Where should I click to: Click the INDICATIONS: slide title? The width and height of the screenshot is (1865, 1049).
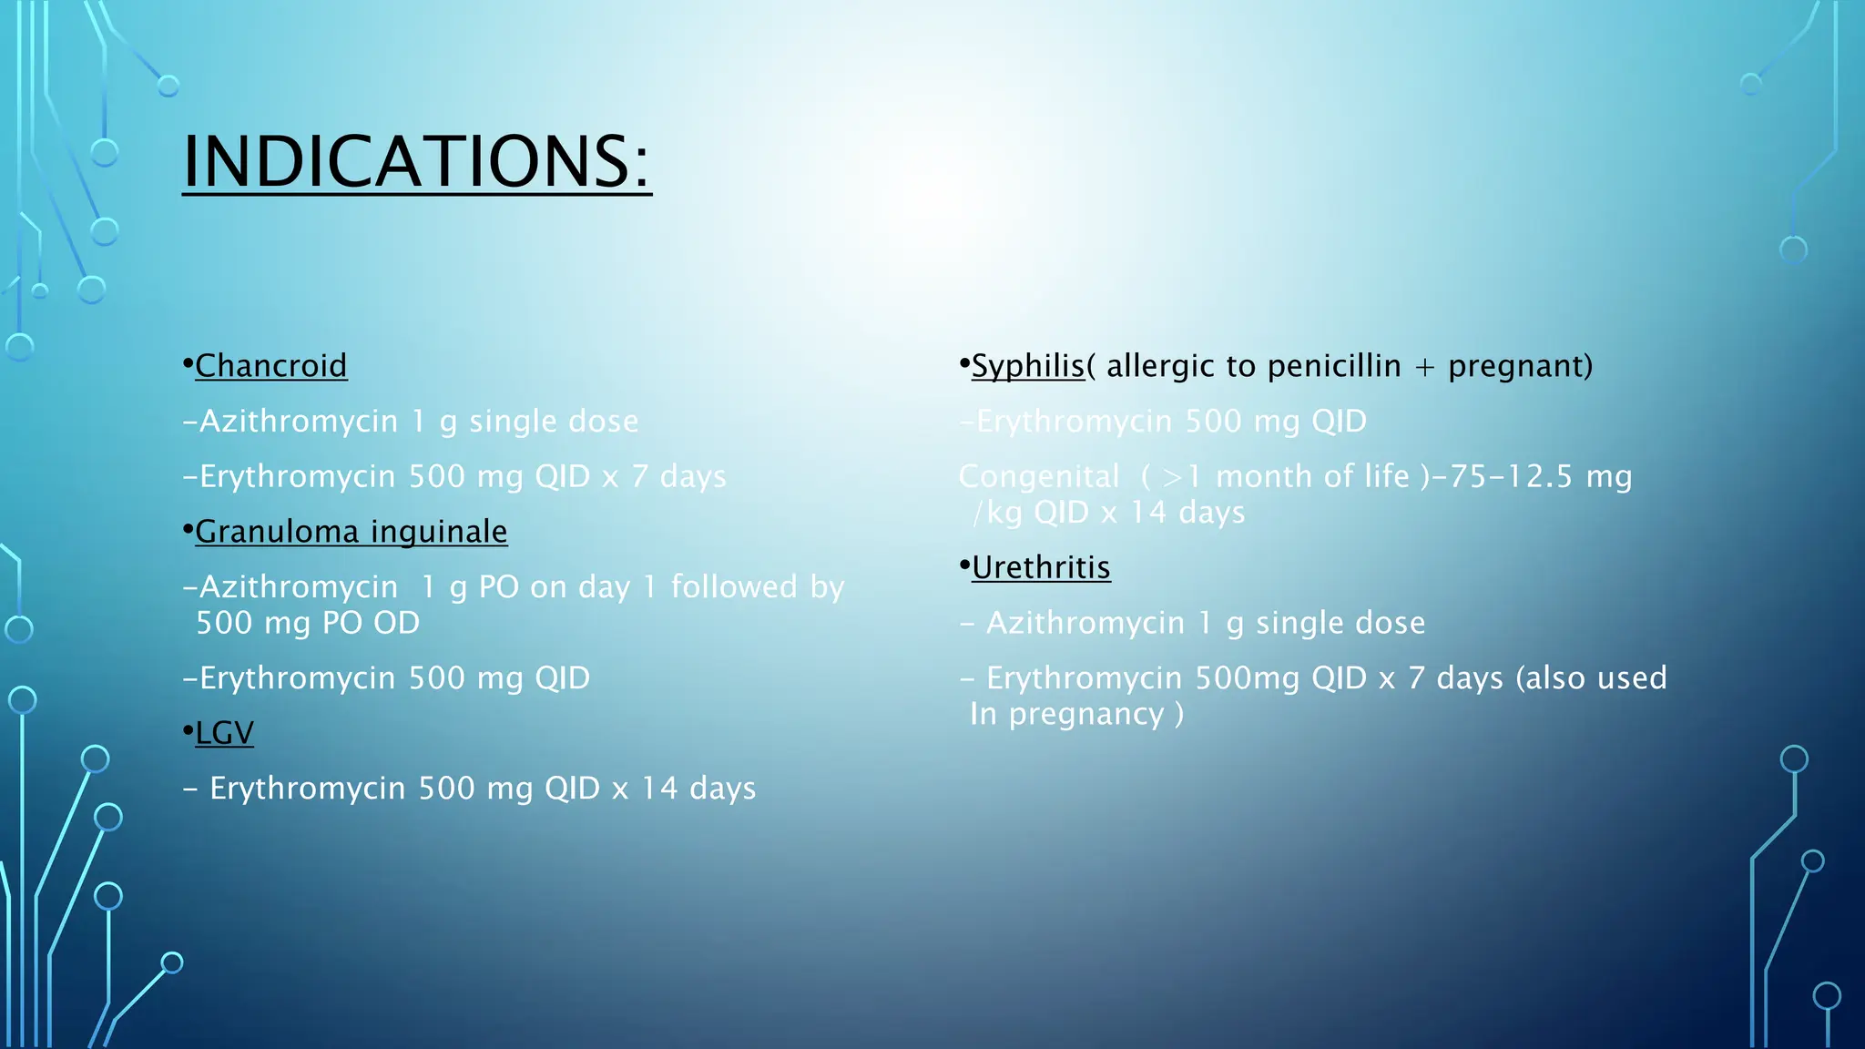pos(416,161)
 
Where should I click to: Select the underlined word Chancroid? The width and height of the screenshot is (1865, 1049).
pos(270,366)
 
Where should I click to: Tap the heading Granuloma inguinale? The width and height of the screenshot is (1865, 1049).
pos(351,532)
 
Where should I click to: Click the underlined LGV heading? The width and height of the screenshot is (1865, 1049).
pos(224,733)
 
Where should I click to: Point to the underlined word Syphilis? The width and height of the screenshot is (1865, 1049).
pos(1027,366)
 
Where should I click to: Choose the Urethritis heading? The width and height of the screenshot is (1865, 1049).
pos(1040,568)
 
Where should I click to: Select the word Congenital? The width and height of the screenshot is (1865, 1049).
pos(1038,476)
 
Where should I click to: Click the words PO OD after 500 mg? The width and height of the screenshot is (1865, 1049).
pos(371,623)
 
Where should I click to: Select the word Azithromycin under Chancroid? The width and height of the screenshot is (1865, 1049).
pos(299,422)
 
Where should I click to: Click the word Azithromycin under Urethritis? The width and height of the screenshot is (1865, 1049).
pos(1085,623)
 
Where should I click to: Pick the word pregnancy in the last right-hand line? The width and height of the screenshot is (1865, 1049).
pos(1085,715)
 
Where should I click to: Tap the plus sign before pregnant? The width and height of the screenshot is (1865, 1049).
pos(1424,367)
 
